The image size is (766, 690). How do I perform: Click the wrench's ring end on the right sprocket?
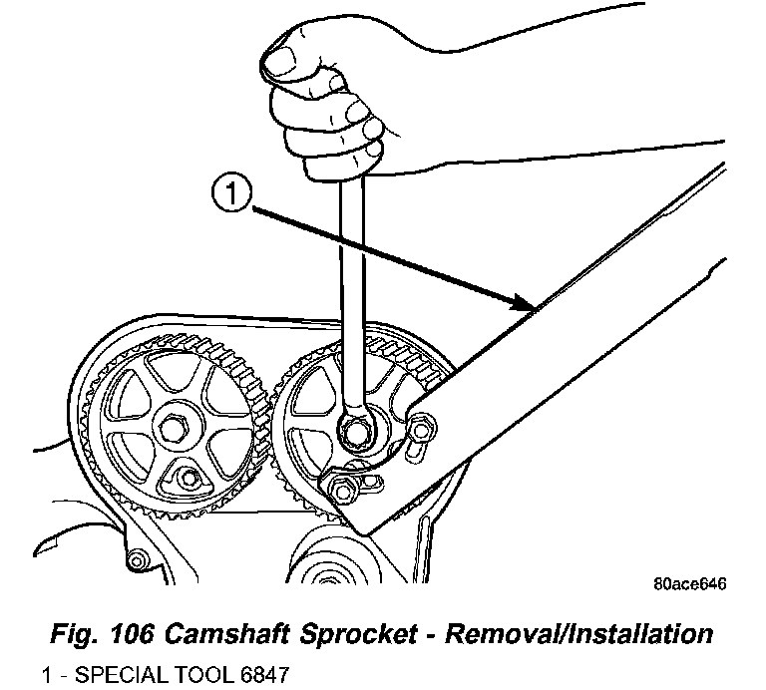click(356, 431)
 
